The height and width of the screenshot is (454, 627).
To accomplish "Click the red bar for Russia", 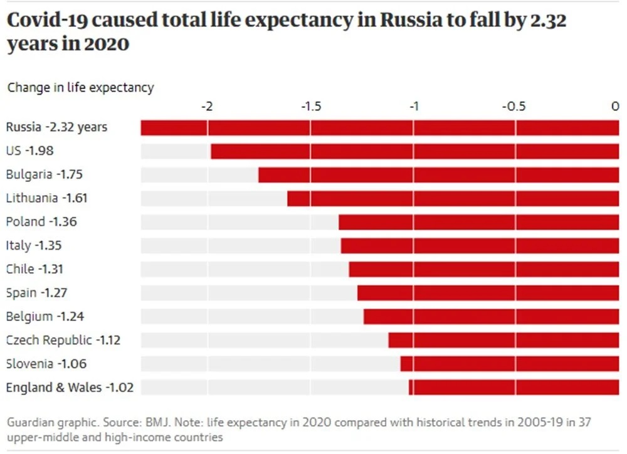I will (x=379, y=127).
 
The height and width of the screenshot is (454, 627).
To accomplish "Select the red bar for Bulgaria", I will (x=438, y=175).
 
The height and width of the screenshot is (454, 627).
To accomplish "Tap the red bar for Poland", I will (x=478, y=222).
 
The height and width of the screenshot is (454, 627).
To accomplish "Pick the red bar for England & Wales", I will (x=514, y=388).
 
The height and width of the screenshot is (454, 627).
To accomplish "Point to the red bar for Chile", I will (x=483, y=270).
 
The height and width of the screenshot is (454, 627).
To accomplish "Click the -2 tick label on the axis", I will (x=207, y=107).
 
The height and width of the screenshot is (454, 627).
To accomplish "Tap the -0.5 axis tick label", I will (x=515, y=107).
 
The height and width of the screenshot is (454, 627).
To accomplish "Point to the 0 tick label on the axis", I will (x=616, y=107).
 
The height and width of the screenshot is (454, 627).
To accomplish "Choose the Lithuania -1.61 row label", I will (x=47, y=198).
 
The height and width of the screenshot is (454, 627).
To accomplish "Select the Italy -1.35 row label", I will (x=34, y=245).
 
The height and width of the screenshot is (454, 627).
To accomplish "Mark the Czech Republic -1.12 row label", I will (x=63, y=340).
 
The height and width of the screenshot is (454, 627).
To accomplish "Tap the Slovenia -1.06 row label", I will (x=46, y=364).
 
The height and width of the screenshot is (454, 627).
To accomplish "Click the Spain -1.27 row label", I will (x=36, y=293).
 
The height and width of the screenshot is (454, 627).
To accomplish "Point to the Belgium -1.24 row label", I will (x=45, y=317).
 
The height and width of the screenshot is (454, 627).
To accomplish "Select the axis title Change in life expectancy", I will (x=80, y=88).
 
